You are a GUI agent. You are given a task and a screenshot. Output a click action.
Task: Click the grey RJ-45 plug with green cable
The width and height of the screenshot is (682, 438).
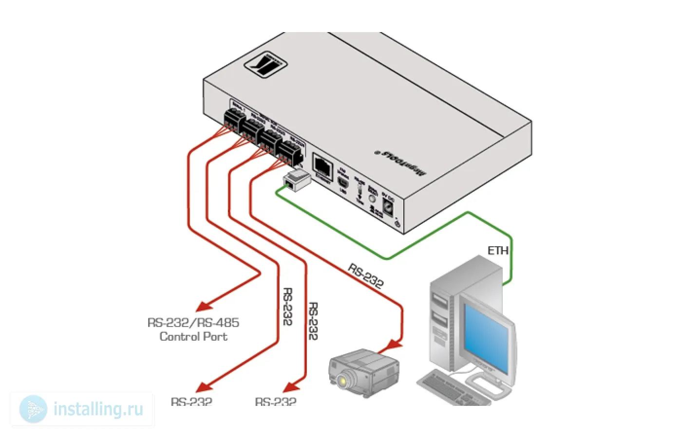point(297,180)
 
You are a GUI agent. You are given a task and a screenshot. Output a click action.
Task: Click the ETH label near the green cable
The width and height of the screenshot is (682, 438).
point(497,251)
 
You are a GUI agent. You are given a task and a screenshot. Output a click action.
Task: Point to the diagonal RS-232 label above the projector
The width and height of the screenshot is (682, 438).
point(365,275)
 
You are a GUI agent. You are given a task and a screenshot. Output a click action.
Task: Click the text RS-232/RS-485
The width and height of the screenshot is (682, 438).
point(193,323)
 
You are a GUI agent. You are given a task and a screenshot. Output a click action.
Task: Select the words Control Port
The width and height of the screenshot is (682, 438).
point(193,337)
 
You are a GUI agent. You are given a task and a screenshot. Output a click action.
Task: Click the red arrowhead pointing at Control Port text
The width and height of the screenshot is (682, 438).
point(204,307)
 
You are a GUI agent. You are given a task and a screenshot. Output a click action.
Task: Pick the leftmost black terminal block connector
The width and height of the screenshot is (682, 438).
point(233,119)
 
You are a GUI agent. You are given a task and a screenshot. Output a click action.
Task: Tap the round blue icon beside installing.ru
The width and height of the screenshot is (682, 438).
point(33,409)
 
